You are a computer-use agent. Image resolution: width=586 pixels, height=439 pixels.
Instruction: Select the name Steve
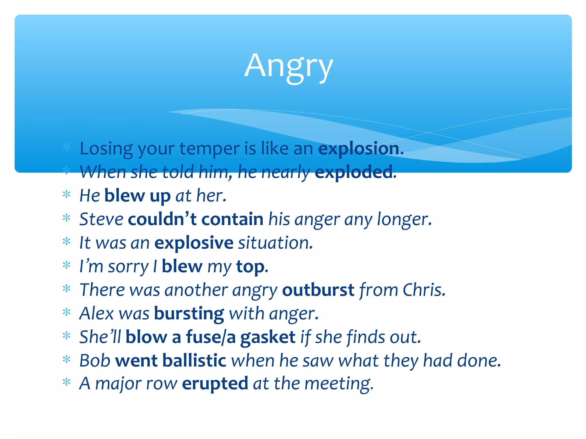(x=101, y=219)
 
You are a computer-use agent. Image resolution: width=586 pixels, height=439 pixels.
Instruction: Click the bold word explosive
(x=194, y=243)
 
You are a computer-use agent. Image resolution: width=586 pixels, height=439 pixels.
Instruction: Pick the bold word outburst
(x=318, y=290)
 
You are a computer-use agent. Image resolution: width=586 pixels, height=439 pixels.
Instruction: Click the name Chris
(x=423, y=290)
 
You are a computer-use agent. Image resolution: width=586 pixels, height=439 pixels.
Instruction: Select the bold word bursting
(x=189, y=314)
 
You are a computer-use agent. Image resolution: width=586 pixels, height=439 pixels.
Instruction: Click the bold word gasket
(x=268, y=337)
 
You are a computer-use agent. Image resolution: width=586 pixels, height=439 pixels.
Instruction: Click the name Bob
(x=95, y=360)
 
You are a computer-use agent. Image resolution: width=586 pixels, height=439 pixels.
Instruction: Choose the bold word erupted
(x=215, y=384)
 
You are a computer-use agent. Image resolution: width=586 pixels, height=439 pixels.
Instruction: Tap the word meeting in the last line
(x=338, y=384)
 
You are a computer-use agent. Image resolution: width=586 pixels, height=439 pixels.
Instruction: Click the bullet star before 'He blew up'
(x=66, y=195)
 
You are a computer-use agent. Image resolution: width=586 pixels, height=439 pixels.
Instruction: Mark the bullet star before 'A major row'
(x=66, y=382)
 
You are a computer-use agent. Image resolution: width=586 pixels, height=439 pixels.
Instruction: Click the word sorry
(x=128, y=267)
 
